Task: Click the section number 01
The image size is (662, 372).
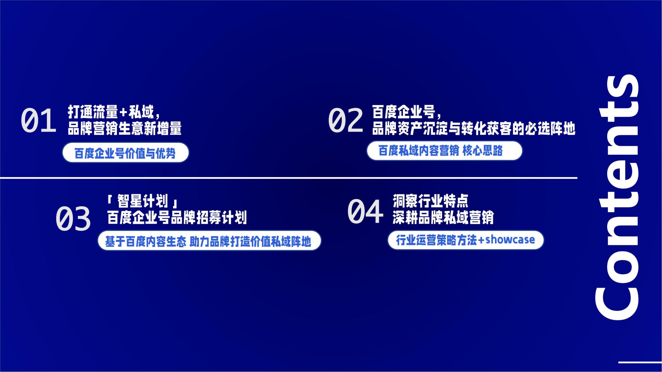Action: click(39, 120)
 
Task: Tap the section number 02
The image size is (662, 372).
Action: click(345, 120)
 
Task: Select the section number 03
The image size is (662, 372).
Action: click(73, 219)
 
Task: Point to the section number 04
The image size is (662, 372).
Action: click(365, 212)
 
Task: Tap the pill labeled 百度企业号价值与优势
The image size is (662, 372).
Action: click(126, 153)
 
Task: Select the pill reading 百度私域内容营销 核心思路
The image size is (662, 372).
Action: click(444, 151)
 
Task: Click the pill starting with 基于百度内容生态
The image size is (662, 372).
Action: click(209, 241)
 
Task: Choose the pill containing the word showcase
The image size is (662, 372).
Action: click(466, 240)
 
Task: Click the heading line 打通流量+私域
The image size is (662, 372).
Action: click(114, 112)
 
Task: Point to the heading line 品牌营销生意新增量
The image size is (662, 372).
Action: click(125, 128)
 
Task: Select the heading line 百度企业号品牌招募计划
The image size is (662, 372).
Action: click(177, 217)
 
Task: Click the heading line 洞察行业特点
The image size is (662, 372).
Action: click(431, 201)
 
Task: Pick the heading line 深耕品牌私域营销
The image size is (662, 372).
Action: click(443, 217)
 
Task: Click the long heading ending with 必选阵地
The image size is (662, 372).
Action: click(474, 128)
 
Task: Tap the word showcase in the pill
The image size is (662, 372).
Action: click(510, 240)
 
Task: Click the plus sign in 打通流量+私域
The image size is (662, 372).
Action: click(123, 112)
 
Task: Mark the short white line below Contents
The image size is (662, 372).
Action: click(640, 362)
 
